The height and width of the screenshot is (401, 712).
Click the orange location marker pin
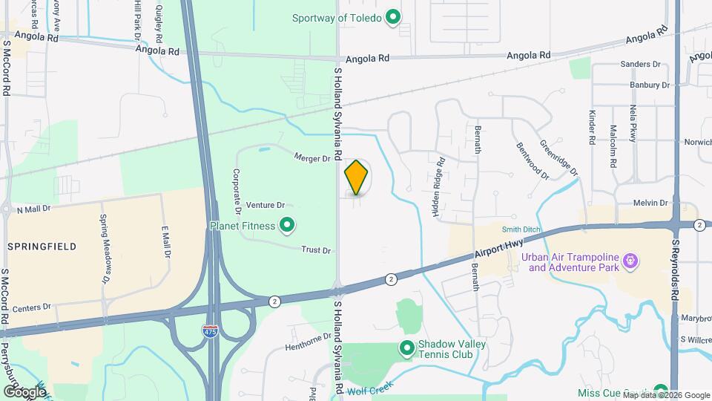click(357, 177)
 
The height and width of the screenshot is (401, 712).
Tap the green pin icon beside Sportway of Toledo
click(395, 17)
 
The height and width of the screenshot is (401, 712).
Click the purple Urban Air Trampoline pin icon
click(631, 261)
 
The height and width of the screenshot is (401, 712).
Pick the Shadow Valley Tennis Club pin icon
click(406, 347)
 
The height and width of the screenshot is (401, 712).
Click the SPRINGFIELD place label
click(36, 246)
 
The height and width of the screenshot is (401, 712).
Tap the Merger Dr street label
click(311, 158)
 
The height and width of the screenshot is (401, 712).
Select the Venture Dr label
click(266, 205)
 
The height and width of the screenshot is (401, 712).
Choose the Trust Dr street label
click(316, 250)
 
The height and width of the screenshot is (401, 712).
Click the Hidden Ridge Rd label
click(438, 186)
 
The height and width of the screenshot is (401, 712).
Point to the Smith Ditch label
click(520, 230)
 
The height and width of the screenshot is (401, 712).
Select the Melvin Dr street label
click(651, 203)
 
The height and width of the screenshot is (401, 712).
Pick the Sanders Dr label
click(640, 65)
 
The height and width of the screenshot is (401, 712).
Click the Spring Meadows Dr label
click(105, 250)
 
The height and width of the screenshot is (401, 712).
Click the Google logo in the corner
click(24, 391)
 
